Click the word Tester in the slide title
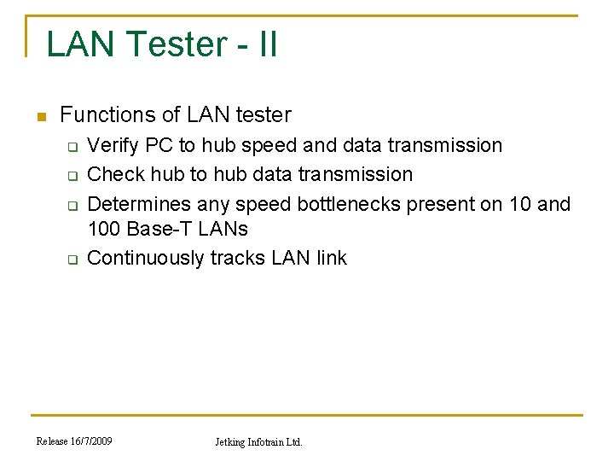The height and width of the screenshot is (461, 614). point(175,44)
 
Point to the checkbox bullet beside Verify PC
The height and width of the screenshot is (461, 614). point(72,147)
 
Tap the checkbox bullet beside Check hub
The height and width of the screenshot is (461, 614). point(72,176)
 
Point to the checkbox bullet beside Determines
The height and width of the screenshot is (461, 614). point(72,206)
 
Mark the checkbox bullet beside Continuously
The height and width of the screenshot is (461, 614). point(72,260)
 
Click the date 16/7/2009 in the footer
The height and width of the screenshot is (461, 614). point(92,441)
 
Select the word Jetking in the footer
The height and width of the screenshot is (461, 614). point(229,442)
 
